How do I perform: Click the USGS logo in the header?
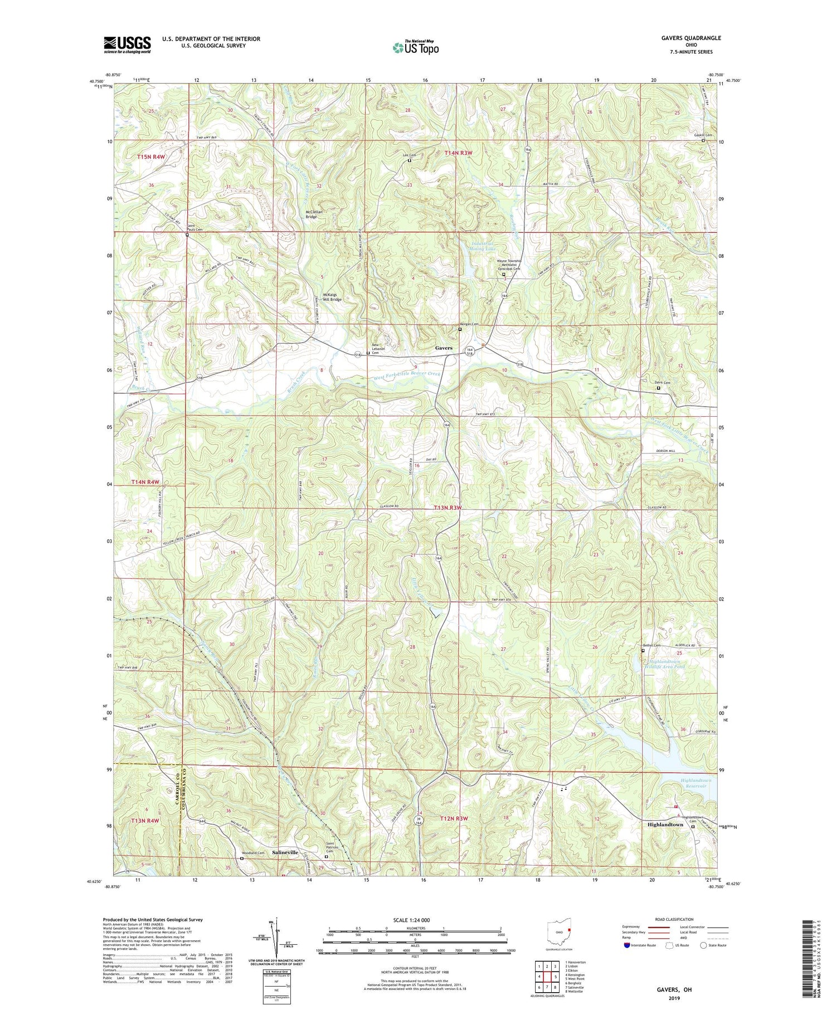coord(127,45)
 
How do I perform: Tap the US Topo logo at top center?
coord(416,48)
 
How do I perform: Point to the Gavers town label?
coord(444,348)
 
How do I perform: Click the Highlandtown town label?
coord(665,824)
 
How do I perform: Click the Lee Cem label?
coord(409,155)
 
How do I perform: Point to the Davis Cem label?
coord(662,383)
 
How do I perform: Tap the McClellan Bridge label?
coord(311,214)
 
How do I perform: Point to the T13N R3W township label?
coord(448,508)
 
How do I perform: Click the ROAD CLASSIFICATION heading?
coord(674,919)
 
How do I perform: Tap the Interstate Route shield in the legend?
coord(627,945)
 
